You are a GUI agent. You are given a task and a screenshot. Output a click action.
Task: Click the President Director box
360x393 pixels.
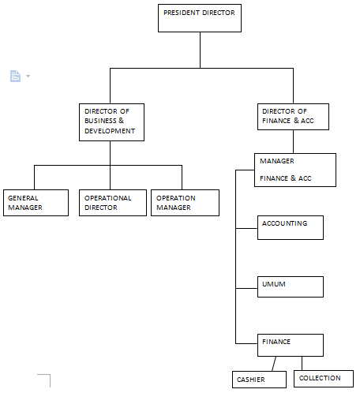(200, 18)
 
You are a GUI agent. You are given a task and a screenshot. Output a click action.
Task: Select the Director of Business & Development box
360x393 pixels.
(111, 122)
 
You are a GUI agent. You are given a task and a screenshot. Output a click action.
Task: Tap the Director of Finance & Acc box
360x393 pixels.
(293, 117)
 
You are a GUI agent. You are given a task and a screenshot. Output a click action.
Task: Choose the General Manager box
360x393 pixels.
(36, 203)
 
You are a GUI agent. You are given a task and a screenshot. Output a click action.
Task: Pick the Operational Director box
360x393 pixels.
(113, 203)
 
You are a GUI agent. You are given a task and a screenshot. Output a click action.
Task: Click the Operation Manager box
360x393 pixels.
(185, 203)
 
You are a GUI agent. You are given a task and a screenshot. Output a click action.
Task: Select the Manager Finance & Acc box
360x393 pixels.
(295, 170)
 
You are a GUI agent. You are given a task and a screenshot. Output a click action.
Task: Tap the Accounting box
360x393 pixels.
(291, 228)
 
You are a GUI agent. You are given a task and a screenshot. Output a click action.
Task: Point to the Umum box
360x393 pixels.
(291, 286)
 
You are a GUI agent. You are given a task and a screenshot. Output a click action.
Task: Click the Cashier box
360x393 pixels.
(259, 380)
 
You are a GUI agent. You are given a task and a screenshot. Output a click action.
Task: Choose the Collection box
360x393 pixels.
(324, 379)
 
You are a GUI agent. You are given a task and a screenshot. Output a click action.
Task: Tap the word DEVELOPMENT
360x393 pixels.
(110, 131)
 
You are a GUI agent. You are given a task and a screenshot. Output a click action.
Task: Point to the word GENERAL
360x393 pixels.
(23, 198)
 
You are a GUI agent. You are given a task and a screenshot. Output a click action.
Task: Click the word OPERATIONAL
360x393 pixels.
(108, 198)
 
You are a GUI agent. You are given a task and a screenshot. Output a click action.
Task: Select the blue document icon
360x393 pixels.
(15, 76)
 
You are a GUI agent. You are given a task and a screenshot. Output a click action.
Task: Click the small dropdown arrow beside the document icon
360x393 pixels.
(28, 76)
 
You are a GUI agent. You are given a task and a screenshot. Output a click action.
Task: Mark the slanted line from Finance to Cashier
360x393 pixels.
(274, 364)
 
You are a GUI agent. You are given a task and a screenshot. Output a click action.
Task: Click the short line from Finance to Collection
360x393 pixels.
(302, 364)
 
